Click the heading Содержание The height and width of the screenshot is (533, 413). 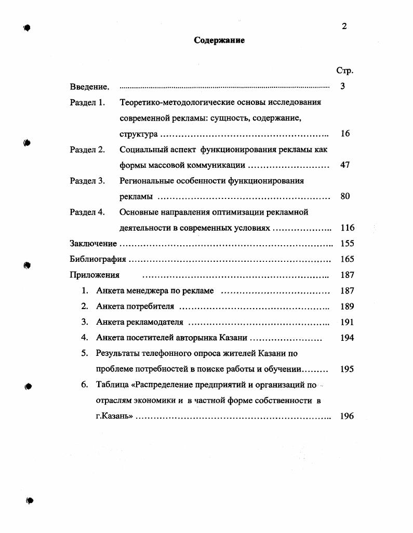pyautogui.click(x=219, y=41)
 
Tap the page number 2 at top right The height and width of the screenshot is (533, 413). pyautogui.click(x=344, y=26)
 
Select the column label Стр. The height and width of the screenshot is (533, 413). pyautogui.click(x=344, y=71)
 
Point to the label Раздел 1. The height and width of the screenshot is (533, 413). pyautogui.click(x=87, y=102)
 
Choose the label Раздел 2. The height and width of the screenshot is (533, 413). pyautogui.click(x=87, y=150)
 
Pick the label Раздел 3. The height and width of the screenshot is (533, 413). pyautogui.click(x=87, y=181)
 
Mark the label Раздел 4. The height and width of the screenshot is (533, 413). pyautogui.click(x=87, y=212)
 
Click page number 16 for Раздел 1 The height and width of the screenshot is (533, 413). pyautogui.click(x=345, y=134)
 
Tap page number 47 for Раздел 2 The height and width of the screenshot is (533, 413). pyautogui.click(x=345, y=165)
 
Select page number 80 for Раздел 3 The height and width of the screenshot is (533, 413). pyautogui.click(x=345, y=196)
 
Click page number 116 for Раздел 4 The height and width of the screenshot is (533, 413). pyautogui.click(x=347, y=228)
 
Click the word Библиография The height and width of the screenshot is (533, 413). pyautogui.click(x=98, y=259)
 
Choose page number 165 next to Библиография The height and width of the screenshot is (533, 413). pyautogui.click(x=347, y=259)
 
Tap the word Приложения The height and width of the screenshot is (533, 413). pyautogui.click(x=95, y=275)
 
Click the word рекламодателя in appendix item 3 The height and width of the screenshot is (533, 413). pyautogui.click(x=157, y=322)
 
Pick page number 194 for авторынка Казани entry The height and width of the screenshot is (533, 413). pyautogui.click(x=347, y=338)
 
